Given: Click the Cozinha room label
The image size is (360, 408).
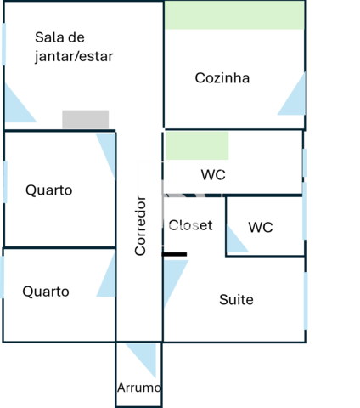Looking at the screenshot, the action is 222,78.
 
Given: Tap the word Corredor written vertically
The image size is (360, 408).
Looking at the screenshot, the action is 140,226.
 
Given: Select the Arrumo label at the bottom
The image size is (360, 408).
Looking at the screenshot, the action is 139,388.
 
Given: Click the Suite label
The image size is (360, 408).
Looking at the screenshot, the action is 236,300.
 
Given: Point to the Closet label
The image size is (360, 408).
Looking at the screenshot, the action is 190,225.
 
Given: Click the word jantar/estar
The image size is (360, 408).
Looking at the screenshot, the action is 74,56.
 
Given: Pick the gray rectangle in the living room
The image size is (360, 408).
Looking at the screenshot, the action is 86,119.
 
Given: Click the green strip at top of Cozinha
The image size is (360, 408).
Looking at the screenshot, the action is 234,15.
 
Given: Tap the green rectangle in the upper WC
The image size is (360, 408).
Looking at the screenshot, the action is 197,145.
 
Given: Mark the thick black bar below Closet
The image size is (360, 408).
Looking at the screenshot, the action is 175,254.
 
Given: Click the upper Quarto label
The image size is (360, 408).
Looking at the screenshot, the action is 49,190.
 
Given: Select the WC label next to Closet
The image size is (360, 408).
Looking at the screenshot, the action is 261,227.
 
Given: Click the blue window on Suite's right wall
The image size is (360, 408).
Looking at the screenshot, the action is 306,301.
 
